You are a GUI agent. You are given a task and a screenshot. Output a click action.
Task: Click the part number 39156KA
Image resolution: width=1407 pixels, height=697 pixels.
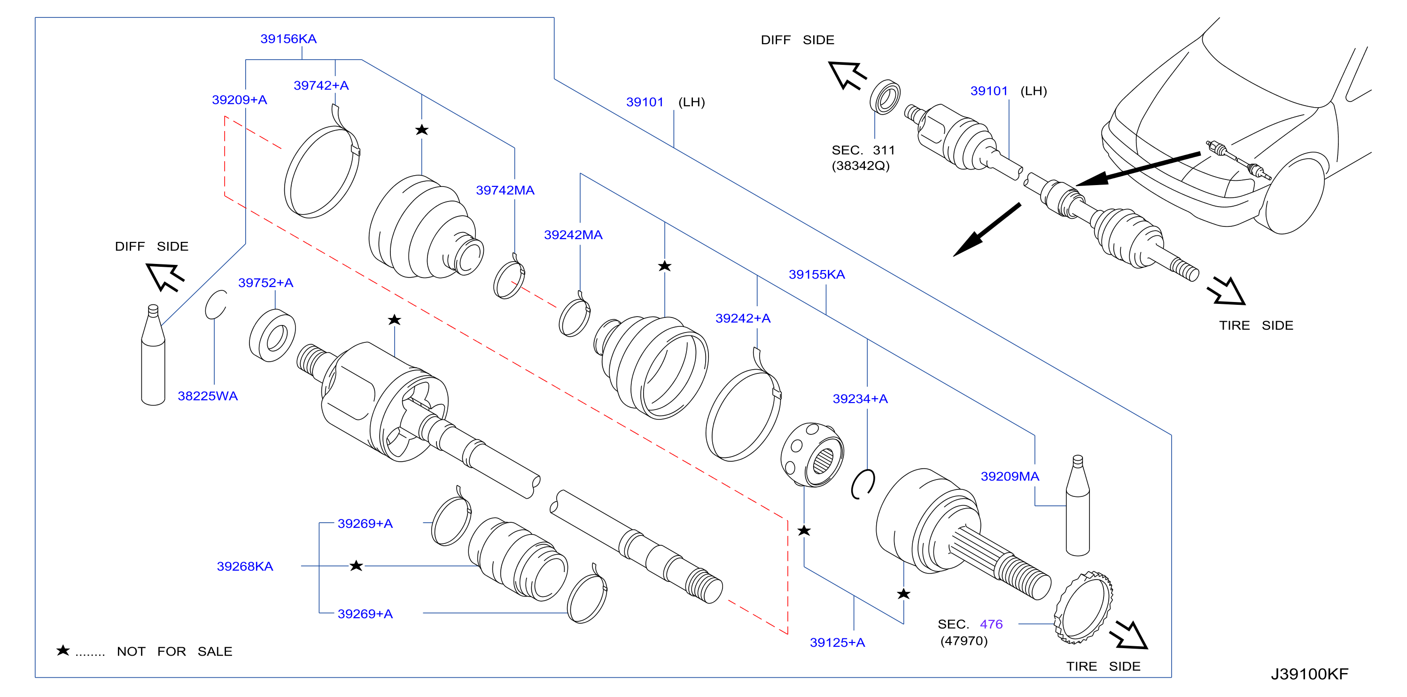(x=288, y=39)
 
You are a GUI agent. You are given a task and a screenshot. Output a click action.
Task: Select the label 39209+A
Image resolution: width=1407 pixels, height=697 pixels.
(x=239, y=100)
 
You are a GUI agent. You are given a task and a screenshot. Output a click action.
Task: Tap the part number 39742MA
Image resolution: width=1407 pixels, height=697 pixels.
(x=505, y=190)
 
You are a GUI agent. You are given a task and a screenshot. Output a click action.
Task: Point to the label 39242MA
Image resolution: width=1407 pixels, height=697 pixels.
(x=573, y=235)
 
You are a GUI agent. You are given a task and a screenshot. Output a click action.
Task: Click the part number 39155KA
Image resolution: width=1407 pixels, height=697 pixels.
(x=816, y=274)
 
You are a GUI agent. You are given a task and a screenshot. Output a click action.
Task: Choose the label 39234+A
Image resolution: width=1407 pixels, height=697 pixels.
(x=860, y=399)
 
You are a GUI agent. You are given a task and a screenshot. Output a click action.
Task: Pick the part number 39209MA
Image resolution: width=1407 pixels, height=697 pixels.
(x=1010, y=476)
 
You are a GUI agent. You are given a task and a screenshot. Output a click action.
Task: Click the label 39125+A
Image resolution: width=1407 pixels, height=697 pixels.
(x=837, y=643)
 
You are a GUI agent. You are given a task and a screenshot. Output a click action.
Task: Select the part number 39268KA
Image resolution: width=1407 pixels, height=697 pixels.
(x=245, y=566)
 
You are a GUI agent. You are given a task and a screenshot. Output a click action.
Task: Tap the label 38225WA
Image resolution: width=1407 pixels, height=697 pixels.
(x=208, y=396)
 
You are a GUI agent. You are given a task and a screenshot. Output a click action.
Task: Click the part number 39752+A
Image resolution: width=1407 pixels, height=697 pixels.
(x=265, y=283)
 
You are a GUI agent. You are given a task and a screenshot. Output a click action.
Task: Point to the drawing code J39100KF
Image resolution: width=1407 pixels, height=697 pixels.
(x=1309, y=674)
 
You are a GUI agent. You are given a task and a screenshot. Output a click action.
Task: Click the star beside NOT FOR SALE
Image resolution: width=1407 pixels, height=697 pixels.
(x=63, y=650)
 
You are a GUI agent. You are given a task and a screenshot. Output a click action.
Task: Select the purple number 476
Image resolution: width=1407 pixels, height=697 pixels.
(x=991, y=624)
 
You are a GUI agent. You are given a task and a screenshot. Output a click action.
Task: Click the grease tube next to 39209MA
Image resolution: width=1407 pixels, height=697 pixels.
(x=1077, y=506)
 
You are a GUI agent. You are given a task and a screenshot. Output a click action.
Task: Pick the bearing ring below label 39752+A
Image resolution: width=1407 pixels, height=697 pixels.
(x=272, y=335)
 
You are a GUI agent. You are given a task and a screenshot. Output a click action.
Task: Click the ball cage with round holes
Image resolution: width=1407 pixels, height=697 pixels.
(x=812, y=455)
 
